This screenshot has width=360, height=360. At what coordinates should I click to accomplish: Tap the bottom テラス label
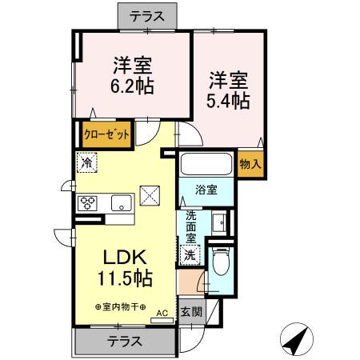pos(124,341)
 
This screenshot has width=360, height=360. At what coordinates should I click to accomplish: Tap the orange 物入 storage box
pos(250,163)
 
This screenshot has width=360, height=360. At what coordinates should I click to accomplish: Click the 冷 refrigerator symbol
pos(86,162)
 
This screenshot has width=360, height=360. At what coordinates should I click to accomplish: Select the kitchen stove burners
pos(87,203)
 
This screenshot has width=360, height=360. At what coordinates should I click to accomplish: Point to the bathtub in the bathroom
pos(206,165)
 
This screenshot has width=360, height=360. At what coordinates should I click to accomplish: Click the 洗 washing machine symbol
pos(190,255)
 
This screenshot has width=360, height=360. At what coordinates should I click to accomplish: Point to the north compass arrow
pos(298,340)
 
